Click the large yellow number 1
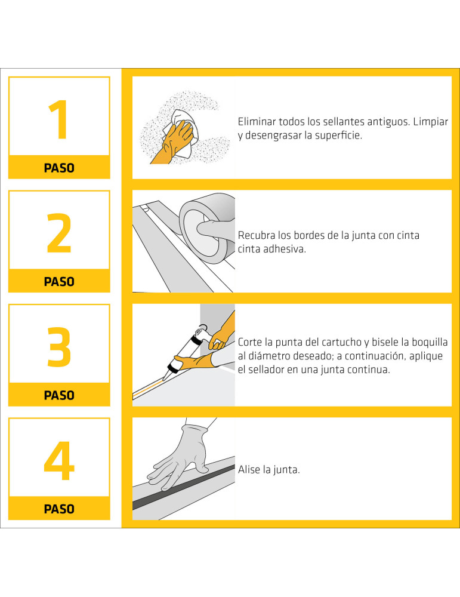59,119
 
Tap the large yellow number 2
59,233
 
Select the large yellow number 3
59,347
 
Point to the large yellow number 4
59,461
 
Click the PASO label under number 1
59,168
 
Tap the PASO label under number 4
59,509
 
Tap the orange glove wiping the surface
173,143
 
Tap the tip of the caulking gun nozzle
164,379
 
